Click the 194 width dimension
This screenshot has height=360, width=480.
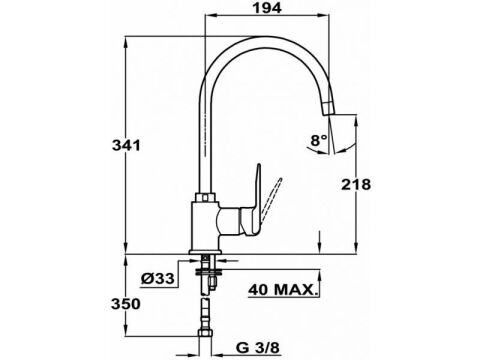point(267,8)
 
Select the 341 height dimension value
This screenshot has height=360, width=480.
point(126,145)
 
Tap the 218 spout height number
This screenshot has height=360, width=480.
point(356,184)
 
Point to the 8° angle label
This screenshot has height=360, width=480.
point(319,140)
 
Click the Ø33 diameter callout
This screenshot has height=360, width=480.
point(157,278)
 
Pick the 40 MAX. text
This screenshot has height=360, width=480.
point(282,289)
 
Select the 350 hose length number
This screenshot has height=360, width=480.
point(126,304)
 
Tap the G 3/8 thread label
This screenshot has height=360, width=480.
point(258,348)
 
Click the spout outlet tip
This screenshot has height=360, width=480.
point(328,111)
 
